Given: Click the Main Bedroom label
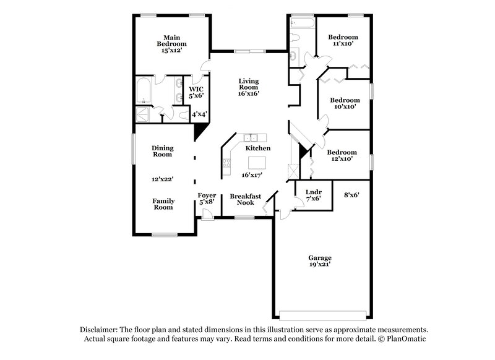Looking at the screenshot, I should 171,41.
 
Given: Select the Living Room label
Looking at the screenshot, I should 249,85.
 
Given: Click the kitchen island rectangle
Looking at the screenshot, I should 258,163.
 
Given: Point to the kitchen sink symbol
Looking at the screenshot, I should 251,138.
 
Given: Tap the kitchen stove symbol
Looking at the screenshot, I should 227,164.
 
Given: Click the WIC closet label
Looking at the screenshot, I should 196,88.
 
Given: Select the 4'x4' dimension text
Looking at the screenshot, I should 199,114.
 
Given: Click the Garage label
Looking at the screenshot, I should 321,257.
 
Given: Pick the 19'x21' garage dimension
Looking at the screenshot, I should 321,264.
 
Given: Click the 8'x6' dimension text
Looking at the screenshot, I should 351,195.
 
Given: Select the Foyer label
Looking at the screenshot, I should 207,195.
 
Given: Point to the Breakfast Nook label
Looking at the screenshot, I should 246,199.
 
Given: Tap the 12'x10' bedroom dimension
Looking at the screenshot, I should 342,159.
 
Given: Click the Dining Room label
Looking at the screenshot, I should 163,151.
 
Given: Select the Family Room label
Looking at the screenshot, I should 164,204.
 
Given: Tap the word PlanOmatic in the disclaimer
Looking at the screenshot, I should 406,339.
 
